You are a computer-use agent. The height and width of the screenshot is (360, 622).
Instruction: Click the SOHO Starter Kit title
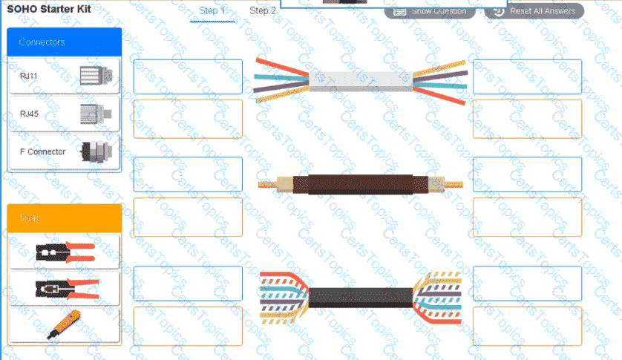tap(49, 10)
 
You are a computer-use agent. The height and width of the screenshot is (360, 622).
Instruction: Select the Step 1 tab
tap(212, 11)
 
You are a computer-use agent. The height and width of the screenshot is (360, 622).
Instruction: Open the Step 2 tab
tap(263, 11)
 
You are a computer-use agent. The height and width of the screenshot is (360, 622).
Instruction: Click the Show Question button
tap(431, 11)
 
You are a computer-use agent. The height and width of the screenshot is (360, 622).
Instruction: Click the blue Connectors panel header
tap(64, 42)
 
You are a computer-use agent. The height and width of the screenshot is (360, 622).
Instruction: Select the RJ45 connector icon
tap(95, 114)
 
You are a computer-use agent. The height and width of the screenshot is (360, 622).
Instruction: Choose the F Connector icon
tap(95, 152)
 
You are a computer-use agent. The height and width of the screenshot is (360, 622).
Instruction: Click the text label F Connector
tap(42, 152)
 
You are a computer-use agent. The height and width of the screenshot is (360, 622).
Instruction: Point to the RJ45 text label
tap(30, 114)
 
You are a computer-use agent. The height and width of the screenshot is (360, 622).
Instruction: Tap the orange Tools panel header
tap(64, 218)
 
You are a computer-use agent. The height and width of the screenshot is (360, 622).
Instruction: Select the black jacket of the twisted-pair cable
tap(360, 298)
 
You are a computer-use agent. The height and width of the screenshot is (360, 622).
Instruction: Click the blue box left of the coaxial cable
tap(188, 175)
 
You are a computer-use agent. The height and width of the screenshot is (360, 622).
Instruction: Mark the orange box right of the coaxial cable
tap(527, 217)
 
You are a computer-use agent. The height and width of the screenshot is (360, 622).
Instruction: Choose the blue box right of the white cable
tap(527, 77)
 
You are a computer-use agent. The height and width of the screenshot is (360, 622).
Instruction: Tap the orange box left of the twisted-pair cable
tap(188, 326)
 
